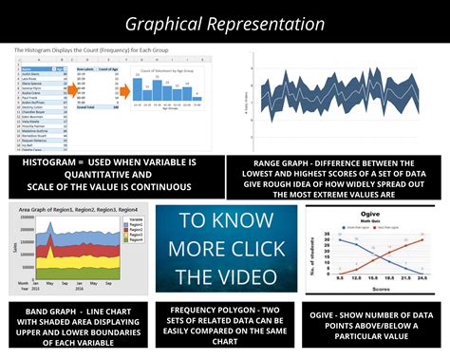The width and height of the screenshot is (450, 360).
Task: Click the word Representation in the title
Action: click(x=270, y=24)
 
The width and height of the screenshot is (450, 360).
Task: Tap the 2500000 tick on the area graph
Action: click(x=23, y=218)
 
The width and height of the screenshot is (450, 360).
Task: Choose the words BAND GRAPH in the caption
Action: click(x=47, y=311)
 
